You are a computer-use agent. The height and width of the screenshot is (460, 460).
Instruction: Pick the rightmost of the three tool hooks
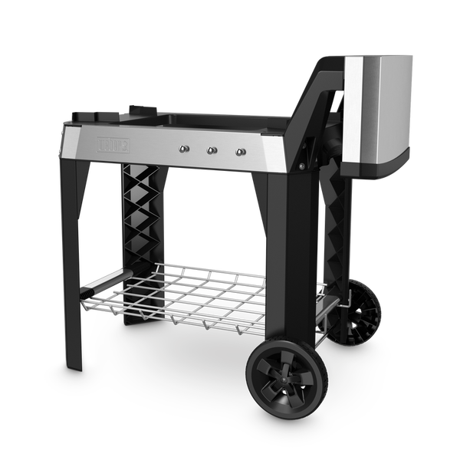pyautogui.click(x=240, y=150)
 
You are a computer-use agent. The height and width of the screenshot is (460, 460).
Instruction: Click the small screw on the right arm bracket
pyautogui.click(x=301, y=164)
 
